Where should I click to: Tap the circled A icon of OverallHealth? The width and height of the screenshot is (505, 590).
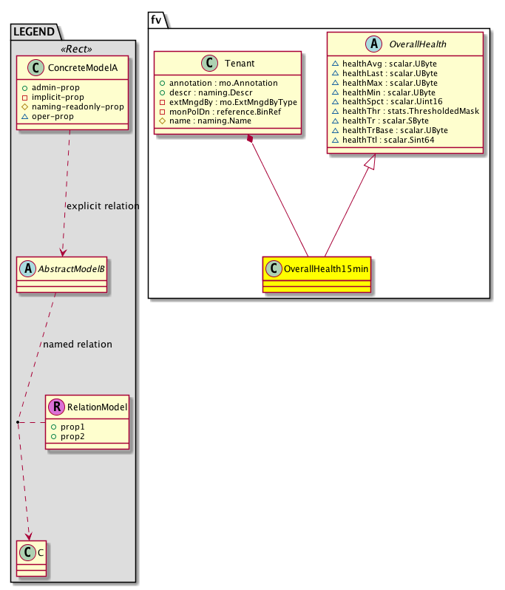(376, 44)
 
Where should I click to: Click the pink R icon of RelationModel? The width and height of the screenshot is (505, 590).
(56, 406)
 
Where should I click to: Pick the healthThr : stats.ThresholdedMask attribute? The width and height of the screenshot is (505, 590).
(405, 111)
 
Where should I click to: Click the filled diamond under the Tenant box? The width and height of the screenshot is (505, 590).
(252, 140)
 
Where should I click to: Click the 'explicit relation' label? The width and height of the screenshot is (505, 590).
(102, 206)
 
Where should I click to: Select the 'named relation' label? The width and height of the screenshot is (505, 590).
(78, 345)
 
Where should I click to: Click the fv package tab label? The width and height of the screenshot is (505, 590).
(157, 20)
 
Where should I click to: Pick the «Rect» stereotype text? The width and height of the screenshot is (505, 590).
(73, 50)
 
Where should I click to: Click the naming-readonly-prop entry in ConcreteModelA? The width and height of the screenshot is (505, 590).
(77, 106)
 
